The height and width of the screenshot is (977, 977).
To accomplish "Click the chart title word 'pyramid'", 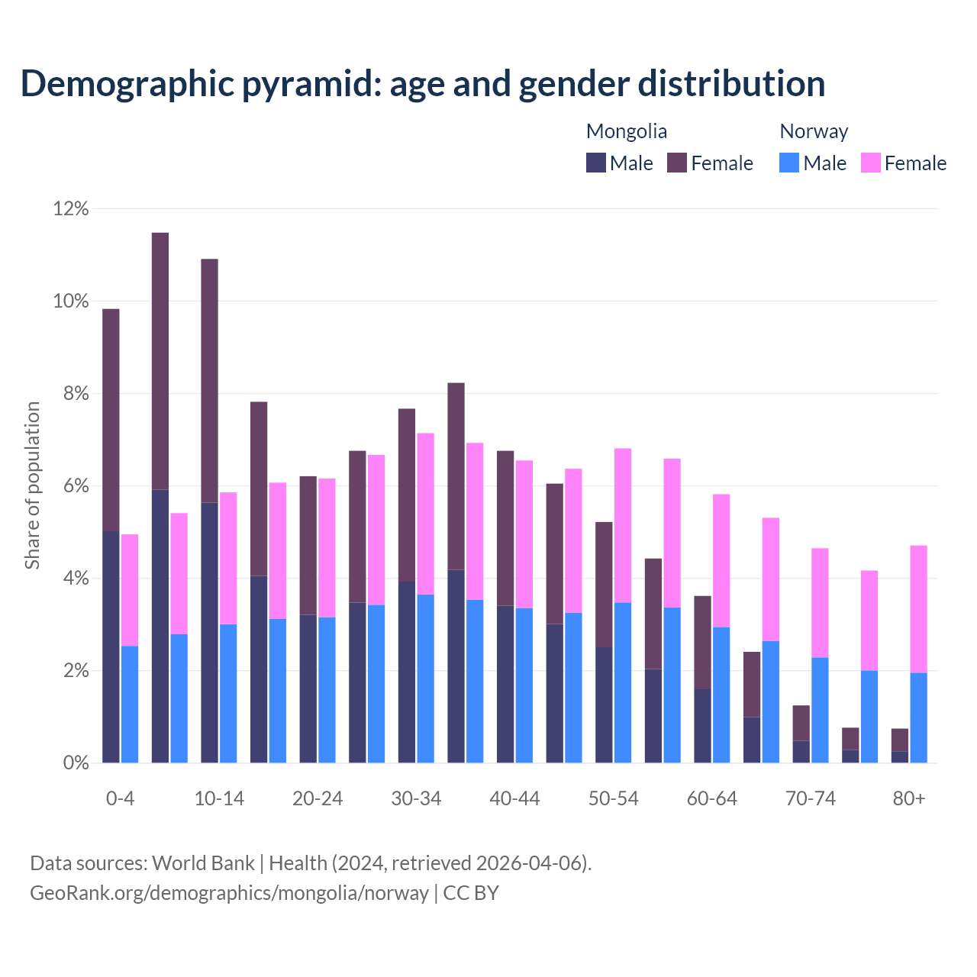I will [x=311, y=84].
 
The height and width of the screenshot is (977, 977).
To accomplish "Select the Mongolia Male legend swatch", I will [x=596, y=163].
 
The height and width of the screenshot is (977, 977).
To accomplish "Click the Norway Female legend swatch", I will [x=871, y=163].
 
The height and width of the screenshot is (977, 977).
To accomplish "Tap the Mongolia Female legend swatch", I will [x=677, y=163].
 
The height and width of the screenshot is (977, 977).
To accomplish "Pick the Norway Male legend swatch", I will [x=789, y=163].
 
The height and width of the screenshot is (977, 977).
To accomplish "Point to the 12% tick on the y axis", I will [x=71, y=208].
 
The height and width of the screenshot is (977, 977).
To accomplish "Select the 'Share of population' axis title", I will [x=32, y=485].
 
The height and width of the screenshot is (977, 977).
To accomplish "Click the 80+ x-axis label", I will [x=909, y=799].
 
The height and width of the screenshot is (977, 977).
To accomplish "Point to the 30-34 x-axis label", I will [x=416, y=799].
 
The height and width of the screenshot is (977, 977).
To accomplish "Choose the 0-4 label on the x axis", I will [x=121, y=799].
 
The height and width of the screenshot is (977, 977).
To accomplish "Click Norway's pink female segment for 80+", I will [x=919, y=609].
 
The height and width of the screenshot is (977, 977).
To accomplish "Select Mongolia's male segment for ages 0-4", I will [x=111, y=647].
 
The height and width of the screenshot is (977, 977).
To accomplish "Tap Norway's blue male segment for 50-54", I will [x=623, y=683].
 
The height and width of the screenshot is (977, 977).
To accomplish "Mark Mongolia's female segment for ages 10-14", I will [x=209, y=380].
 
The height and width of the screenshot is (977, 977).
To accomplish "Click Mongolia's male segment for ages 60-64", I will [x=702, y=726].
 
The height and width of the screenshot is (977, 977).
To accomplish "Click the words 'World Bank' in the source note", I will [x=203, y=863].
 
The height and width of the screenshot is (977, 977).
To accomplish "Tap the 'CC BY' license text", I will [x=471, y=893].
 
